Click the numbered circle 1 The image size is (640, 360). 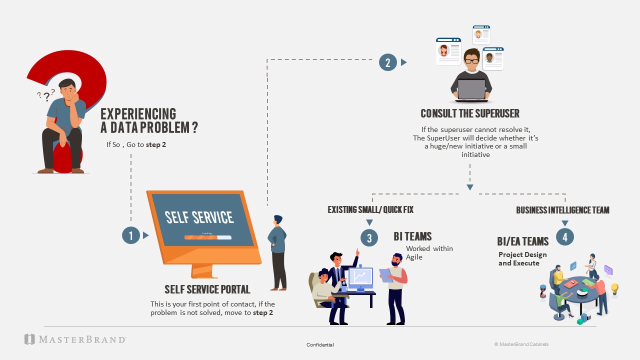click(x=131, y=235)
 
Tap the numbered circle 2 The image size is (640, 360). click(x=387, y=62)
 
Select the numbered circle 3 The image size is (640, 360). click(x=369, y=238)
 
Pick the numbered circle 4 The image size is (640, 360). click(x=565, y=237)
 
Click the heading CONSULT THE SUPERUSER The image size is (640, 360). click(x=469, y=113)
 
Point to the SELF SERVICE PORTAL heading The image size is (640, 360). click(x=207, y=289)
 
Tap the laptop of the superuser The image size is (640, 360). click(x=471, y=89)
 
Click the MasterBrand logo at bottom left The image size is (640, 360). click(x=75, y=339)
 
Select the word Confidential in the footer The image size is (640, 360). click(x=320, y=345)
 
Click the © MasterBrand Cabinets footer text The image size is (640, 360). click(x=521, y=344)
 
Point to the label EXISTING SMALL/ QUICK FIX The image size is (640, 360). click(x=370, y=210)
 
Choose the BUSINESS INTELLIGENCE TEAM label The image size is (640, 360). click(x=562, y=210)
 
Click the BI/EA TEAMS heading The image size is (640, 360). click(x=522, y=241)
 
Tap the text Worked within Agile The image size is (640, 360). click(x=429, y=252)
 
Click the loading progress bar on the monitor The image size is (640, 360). click(x=207, y=237)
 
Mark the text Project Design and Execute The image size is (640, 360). click(x=522, y=258)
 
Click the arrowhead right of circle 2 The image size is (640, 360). click(x=404, y=62)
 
